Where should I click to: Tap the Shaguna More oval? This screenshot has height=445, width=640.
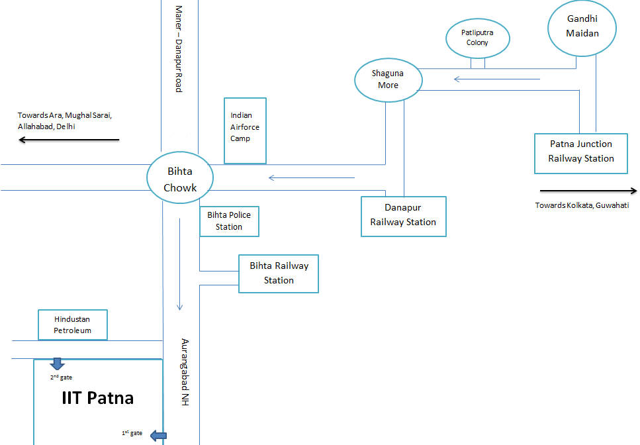388,80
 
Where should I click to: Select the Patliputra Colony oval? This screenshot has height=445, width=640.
477,38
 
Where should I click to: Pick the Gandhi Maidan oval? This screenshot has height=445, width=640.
582,28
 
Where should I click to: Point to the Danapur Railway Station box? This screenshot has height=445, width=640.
404,216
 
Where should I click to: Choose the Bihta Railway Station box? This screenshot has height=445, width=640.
279,273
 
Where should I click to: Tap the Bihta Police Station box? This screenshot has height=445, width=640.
229,221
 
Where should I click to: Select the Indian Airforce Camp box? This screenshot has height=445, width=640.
245,130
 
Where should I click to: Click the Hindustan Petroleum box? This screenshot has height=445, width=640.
73,324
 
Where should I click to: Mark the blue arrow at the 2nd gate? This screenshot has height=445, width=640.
57,364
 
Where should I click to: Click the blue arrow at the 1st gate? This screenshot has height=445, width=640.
158,435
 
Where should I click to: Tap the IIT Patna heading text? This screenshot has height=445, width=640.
98,398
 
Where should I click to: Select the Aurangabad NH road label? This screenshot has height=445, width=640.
185,372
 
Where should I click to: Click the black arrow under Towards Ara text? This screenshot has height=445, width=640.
69,140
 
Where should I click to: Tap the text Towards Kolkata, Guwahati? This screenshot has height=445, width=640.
582,205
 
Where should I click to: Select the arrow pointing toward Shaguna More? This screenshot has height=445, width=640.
496,79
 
